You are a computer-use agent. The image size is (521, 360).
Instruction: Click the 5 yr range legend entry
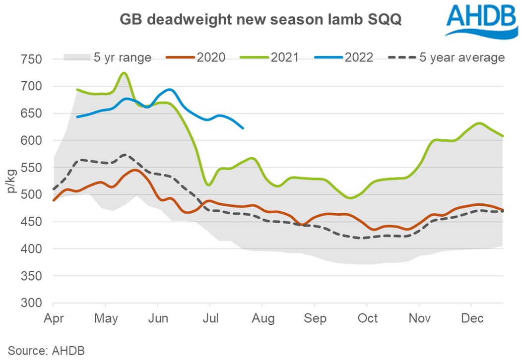(x=107, y=58)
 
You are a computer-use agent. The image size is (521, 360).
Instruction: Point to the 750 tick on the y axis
(x=33, y=60)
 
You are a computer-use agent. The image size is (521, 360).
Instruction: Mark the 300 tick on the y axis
(x=33, y=303)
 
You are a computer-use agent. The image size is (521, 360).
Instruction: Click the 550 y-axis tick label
(x=33, y=168)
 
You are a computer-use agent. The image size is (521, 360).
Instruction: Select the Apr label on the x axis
(x=54, y=318)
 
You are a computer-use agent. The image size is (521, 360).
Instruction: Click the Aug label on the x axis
(x=262, y=318)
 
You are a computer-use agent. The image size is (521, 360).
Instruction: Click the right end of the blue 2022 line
(x=243, y=128)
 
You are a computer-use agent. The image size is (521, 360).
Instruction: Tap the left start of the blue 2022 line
(x=77, y=117)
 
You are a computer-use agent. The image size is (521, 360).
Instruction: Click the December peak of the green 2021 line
(x=478, y=123)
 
